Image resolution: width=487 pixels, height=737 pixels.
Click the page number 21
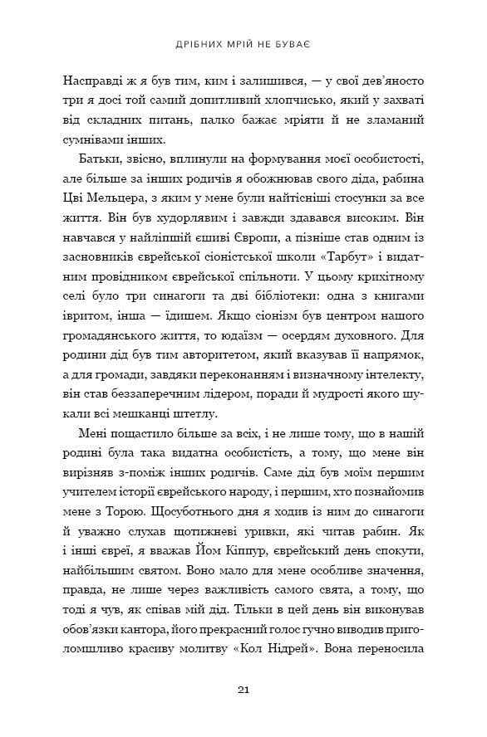click(x=243, y=689)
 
